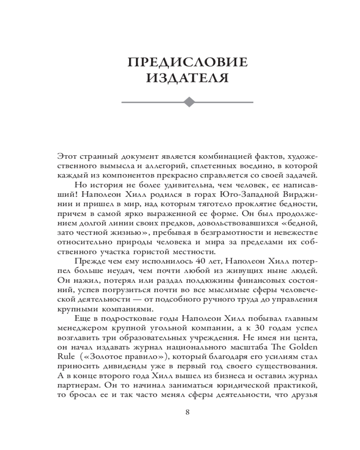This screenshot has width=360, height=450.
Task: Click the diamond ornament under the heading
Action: (x=188, y=102)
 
